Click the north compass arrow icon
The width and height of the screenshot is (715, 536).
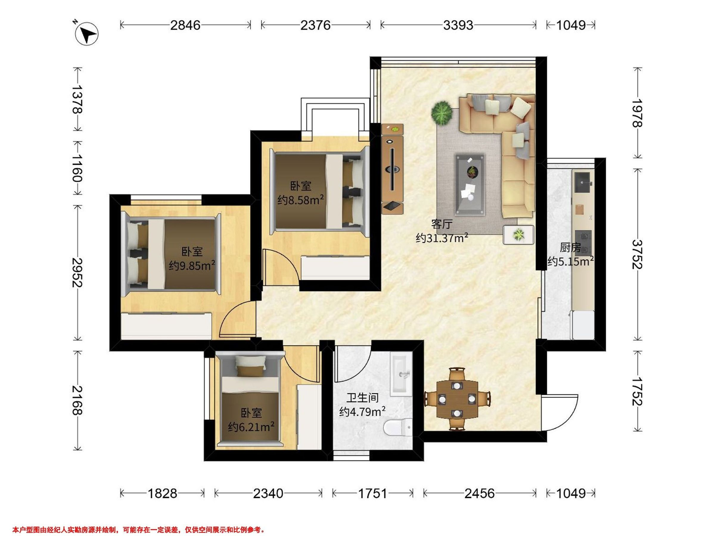pos(86,33)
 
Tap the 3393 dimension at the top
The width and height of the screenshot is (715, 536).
pos(458,25)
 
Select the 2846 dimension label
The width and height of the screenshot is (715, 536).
pos(185,25)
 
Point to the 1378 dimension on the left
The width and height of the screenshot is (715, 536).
pos(77,99)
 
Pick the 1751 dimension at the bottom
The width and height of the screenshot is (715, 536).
pos(372,493)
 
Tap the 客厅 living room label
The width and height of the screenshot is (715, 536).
pos(442,224)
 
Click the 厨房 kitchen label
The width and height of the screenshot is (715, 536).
pos(570,247)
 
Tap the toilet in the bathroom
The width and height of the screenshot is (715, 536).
pos(398,427)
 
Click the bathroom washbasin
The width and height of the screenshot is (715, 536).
pos(401,375)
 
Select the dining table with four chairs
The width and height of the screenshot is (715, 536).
pos(457,399)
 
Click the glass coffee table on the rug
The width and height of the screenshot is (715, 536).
pos(470,184)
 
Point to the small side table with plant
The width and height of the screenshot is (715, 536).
pos(518,235)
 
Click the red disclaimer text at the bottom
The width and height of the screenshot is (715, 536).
pos(139,521)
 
